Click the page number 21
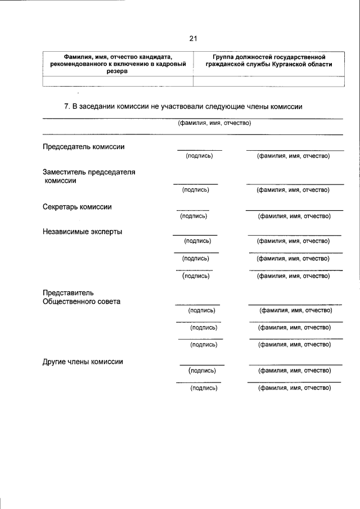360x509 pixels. (193, 38)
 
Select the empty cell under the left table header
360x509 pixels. (118, 81)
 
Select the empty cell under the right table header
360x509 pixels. (268, 81)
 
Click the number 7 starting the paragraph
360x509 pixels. (67, 106)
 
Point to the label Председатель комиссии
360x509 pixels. (84, 147)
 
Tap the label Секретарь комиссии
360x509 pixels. (77, 206)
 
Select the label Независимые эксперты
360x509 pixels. (82, 231)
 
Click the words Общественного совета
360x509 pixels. (82, 301)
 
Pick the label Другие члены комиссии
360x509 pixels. (83, 362)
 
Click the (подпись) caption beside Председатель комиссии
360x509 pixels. (199, 156)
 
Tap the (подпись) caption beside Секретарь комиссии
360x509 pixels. (193, 216)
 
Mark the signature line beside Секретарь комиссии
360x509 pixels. (193, 210)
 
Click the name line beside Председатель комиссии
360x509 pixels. (294, 150)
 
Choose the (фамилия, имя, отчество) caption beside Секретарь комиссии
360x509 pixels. (294, 216)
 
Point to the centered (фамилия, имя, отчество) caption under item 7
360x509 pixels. (214, 123)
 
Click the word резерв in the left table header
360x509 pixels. (118, 72)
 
